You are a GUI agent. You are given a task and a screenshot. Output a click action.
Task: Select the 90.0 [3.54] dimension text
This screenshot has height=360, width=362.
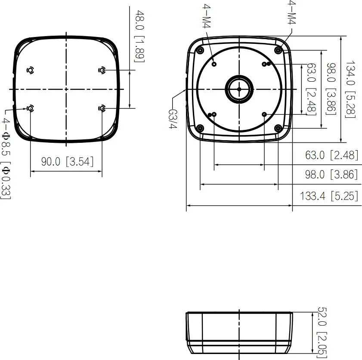67,162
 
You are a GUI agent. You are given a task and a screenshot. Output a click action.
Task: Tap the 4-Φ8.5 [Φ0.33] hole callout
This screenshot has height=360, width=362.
5,159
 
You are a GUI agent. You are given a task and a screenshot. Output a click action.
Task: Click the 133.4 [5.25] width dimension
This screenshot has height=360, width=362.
329,196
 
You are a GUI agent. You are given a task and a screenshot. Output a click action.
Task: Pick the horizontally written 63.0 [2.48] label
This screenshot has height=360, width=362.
331,155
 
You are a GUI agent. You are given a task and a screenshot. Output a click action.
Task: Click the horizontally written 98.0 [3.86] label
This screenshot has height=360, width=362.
331,175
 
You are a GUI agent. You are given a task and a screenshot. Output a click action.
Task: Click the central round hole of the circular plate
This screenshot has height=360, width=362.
239,89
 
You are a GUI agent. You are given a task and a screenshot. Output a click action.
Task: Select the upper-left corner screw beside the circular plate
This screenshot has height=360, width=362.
200,51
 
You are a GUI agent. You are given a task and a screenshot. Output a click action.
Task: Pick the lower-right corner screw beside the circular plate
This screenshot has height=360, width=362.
278,128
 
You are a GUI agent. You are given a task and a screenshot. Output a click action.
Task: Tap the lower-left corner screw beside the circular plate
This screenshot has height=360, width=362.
200,128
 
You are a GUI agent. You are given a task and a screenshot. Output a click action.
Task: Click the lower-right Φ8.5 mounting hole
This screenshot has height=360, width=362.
102,108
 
